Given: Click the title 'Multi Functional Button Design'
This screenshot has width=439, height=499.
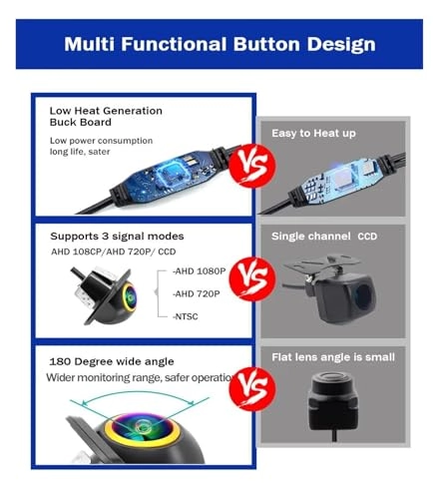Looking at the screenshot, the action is pos(219,44).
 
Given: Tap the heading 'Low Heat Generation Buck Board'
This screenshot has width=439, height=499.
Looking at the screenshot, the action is pos(106,116).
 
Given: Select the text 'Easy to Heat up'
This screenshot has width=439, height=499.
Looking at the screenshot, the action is pos(313,133).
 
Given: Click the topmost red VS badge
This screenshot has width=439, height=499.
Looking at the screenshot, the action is pos(253,166).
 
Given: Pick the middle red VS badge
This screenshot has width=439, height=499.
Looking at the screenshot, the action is pos(253,278).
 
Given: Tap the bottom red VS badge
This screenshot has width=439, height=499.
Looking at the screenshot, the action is pos(253,388).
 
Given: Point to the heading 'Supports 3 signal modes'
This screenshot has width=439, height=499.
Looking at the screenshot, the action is pos(117,237).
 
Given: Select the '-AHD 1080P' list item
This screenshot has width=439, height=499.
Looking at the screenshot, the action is pos(199,271).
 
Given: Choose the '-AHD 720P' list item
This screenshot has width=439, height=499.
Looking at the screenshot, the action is pos(197,293).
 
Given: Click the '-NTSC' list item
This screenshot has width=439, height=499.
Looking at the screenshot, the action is pos(186,316).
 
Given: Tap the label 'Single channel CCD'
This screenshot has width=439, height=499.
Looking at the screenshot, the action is pos(324,237).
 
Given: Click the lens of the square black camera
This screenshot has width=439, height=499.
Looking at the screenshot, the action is pos(362,296).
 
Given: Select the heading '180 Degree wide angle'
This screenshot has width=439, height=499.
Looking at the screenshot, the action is pos(112,361).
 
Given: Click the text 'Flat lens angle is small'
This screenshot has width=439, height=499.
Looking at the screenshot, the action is pos(333,357).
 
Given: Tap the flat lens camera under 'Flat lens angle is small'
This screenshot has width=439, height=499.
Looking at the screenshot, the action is pos(333,402).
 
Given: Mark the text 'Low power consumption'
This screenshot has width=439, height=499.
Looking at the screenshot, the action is pos(101,141).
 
